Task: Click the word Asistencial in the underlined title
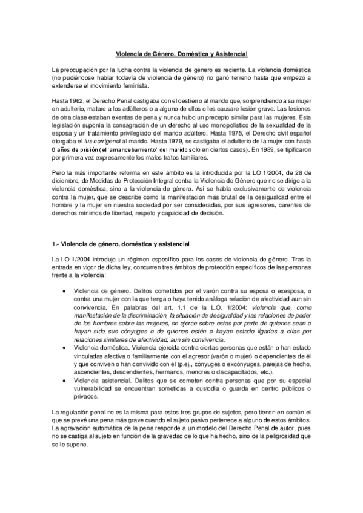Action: tap(231, 54)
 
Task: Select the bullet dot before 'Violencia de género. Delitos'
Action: tap(64, 290)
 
